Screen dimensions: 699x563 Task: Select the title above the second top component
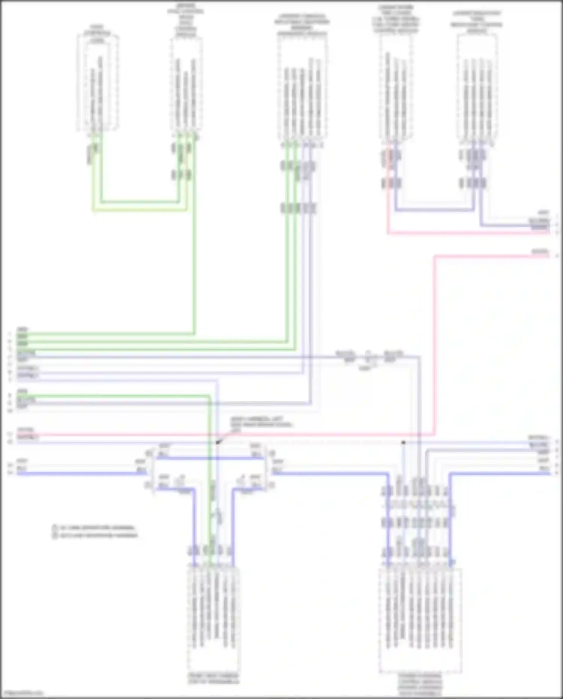[186, 21]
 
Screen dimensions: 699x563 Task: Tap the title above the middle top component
[302, 25]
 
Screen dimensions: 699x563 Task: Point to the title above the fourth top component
[396, 19]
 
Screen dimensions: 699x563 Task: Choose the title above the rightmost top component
[477, 22]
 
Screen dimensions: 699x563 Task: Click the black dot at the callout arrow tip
[218, 442]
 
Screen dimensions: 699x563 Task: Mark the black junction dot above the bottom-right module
[403, 442]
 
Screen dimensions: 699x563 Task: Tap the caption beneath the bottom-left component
[213, 678]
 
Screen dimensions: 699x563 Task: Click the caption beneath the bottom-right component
[420, 684]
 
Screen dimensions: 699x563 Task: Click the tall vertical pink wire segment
[434, 338]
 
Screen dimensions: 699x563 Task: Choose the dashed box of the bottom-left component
[213, 620]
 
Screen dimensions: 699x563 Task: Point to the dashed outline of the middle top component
[302, 90]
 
